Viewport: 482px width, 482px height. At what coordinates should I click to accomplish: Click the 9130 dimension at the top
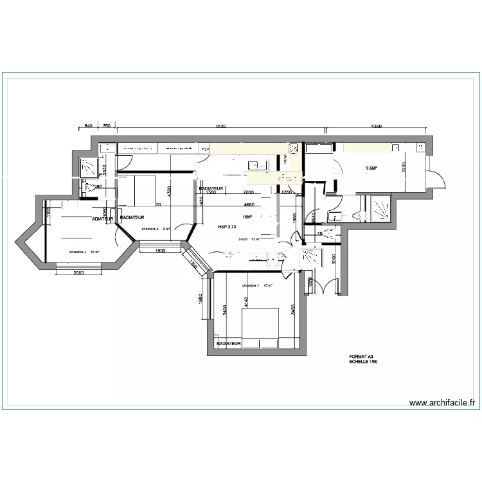(220, 127)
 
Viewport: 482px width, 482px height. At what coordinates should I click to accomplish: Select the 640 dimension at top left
(89, 127)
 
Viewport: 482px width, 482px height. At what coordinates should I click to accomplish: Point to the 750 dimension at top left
(107, 127)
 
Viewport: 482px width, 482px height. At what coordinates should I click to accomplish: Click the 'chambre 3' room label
(77, 252)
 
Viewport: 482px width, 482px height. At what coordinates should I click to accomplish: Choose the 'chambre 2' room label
(150, 228)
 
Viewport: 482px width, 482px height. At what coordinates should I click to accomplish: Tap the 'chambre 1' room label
(251, 285)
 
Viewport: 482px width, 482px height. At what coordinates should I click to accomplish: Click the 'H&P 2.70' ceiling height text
(228, 227)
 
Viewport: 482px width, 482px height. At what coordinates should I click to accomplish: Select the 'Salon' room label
(243, 239)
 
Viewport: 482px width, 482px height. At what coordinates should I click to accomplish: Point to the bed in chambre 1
(260, 325)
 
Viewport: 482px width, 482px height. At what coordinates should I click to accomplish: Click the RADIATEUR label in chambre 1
(229, 344)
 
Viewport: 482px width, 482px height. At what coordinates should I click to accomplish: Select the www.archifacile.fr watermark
(442, 404)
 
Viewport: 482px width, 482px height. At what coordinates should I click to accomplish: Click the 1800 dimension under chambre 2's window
(160, 251)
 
